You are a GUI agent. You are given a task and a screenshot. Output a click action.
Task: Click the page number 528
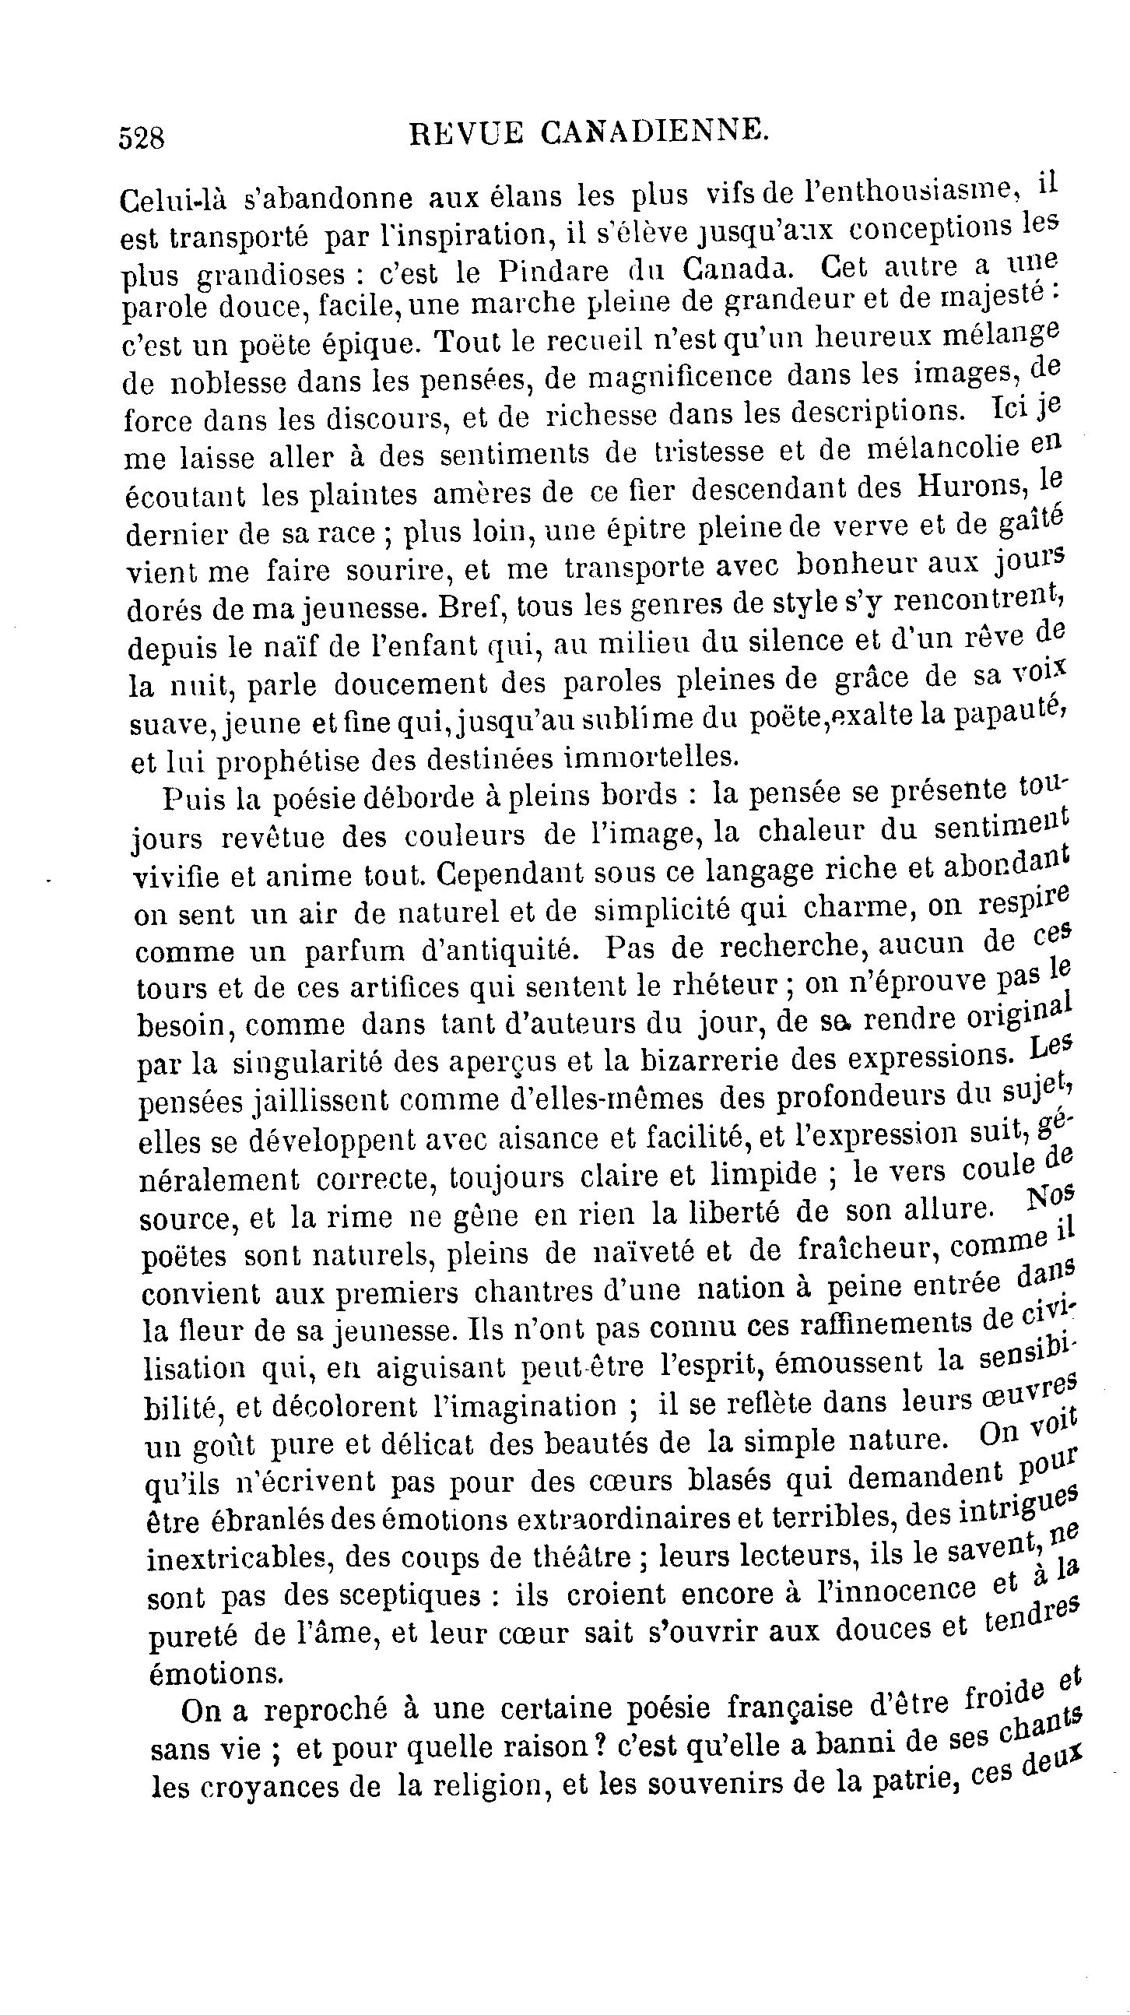(x=142, y=139)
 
